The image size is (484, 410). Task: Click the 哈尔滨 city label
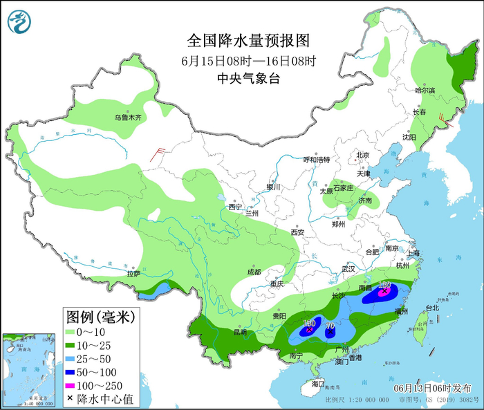tap(425, 91)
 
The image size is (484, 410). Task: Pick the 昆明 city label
tap(240, 332)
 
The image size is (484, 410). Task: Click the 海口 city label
tap(317, 383)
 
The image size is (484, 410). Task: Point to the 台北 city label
tap(431, 308)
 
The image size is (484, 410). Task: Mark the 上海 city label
tap(414, 254)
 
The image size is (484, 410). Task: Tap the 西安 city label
tap(297, 232)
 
